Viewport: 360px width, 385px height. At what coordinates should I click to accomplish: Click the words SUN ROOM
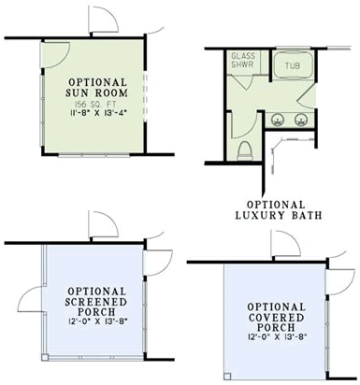click(x=95, y=94)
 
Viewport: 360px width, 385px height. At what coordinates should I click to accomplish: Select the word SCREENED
click(x=96, y=302)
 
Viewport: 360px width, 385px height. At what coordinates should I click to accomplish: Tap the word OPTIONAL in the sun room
click(x=95, y=82)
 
